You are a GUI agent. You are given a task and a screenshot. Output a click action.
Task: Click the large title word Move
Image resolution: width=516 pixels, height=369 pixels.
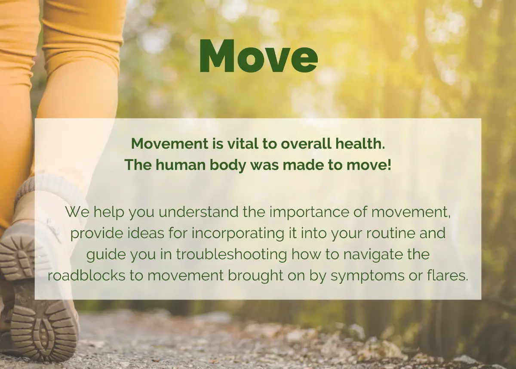[x=258, y=56]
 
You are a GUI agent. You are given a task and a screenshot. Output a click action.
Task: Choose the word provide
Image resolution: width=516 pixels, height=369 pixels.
[x=96, y=234]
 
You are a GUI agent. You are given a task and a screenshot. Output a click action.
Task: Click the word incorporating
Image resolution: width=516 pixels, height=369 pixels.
[x=238, y=234]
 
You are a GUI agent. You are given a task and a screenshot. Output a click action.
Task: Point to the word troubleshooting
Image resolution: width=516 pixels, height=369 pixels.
[x=231, y=254]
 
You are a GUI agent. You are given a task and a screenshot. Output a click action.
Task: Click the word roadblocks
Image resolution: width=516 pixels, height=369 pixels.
[x=86, y=275]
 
